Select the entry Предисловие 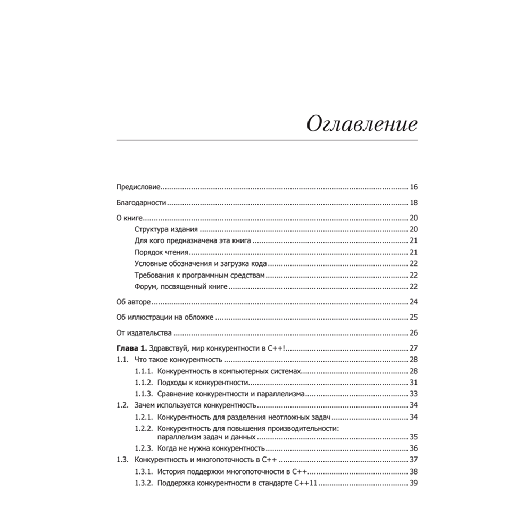(x=138, y=188)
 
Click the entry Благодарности (x=142, y=203)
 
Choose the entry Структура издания (x=167, y=230)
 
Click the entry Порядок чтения (x=162, y=252)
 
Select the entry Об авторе (x=133, y=302)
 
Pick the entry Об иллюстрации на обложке (x=164, y=318)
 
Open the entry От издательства (x=143, y=333)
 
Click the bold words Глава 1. (x=131, y=348)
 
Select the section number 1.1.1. (x=144, y=371)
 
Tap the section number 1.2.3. (x=144, y=448)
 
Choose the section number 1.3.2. (x=144, y=483)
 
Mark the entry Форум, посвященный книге (x=181, y=287)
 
